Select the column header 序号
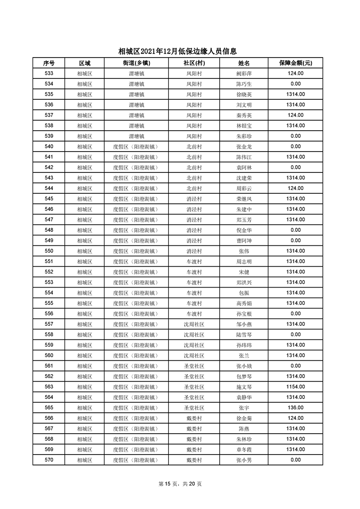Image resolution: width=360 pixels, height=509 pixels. pyautogui.click(x=49, y=63)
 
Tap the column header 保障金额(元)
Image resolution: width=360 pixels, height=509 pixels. pyautogui.click(x=295, y=63)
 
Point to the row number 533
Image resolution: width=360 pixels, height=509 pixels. pyautogui.click(x=49, y=73)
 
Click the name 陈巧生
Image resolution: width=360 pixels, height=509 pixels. pyautogui.click(x=244, y=84)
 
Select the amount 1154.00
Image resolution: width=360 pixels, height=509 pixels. pyautogui.click(x=295, y=387)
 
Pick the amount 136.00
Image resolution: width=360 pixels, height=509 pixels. pyautogui.click(x=295, y=408)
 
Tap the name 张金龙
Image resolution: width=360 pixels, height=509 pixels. pyautogui.click(x=244, y=147)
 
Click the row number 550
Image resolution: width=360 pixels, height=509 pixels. pyautogui.click(x=49, y=251)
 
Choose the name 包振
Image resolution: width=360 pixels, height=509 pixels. pyautogui.click(x=244, y=293)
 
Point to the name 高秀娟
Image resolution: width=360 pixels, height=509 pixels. pyautogui.click(x=244, y=303)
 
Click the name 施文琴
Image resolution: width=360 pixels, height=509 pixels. pyautogui.click(x=244, y=387)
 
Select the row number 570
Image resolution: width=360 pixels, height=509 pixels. pyautogui.click(x=49, y=460)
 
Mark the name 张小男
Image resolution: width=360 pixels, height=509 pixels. pyautogui.click(x=244, y=460)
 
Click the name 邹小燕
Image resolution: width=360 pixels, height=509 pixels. pyautogui.click(x=244, y=324)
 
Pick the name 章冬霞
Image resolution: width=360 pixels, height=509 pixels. pyautogui.click(x=244, y=450)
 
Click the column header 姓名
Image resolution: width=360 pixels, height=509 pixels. pyautogui.click(x=244, y=63)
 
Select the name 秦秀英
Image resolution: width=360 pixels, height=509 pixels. pyautogui.click(x=244, y=115)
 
